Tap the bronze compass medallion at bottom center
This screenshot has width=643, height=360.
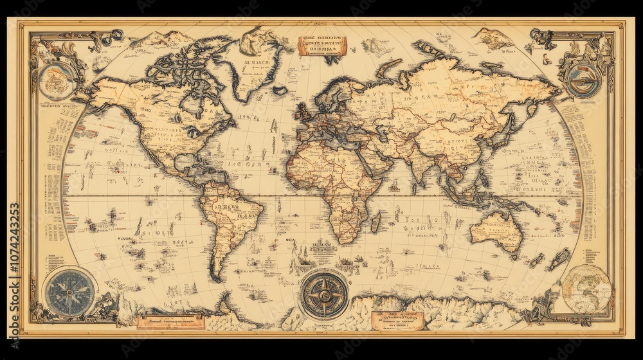[325, 294]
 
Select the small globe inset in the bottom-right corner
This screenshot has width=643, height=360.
[586, 289]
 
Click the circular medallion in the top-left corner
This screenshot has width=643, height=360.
[57, 81]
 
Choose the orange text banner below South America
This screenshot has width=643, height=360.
[170, 322]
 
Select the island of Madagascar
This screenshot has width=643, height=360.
[375, 222]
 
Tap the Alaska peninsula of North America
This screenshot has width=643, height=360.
[96, 96]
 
